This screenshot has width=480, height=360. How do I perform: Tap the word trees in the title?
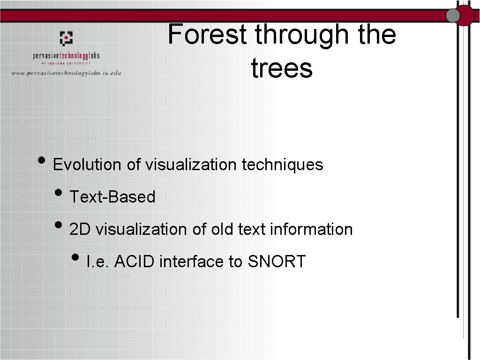coord(282,68)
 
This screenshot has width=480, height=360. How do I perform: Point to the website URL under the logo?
coord(66,73)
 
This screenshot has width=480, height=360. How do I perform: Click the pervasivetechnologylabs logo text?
coord(66,56)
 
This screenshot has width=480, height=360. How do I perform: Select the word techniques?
coord(282,165)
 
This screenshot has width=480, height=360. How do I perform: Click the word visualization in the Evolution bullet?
coord(191,165)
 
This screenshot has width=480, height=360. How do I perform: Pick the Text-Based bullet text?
coord(112,197)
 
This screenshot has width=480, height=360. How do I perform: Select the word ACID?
coord(134,261)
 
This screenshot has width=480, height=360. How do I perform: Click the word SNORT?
coord(277,261)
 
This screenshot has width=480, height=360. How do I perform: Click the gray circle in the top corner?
coord(453,15)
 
